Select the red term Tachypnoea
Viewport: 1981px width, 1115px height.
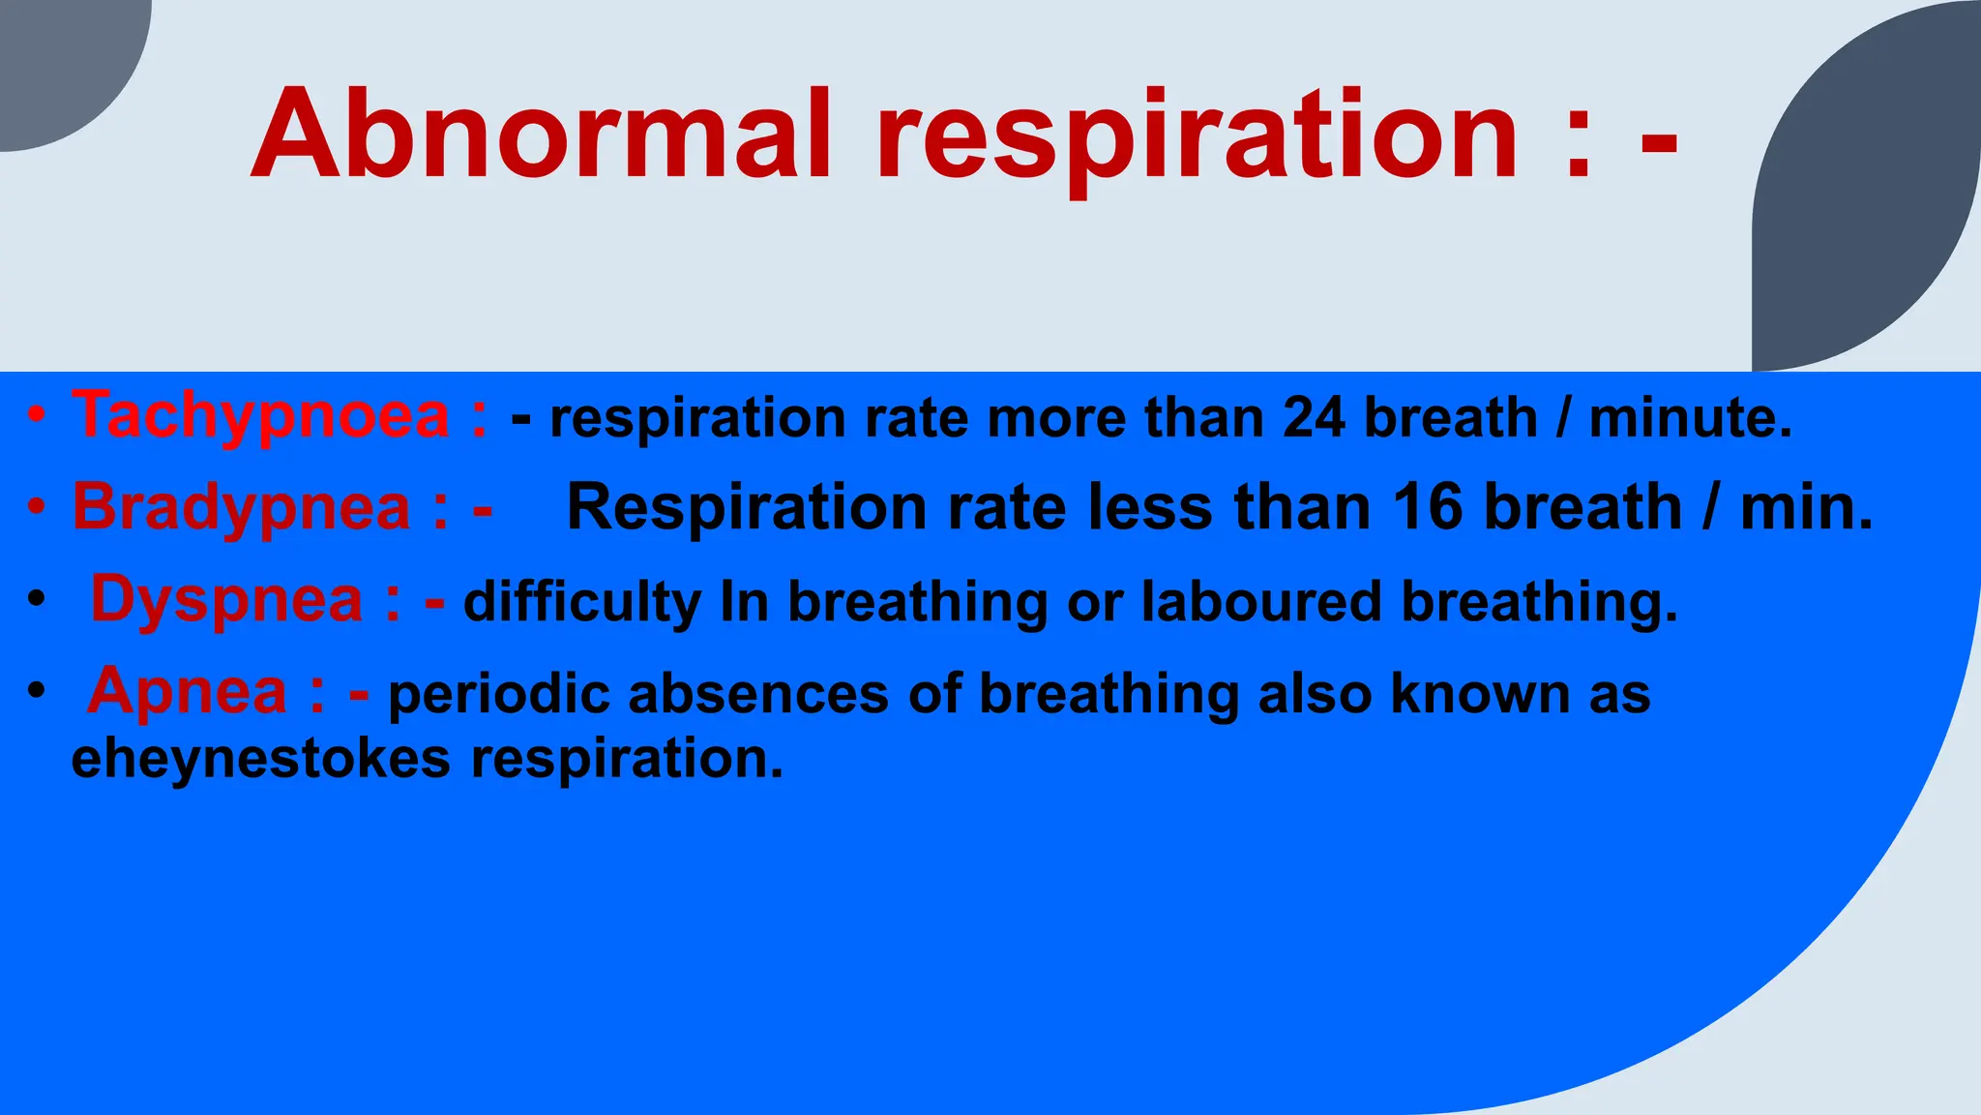(x=261, y=416)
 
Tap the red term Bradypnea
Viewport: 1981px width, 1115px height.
(x=242, y=507)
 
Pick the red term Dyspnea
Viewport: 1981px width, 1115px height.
(x=226, y=599)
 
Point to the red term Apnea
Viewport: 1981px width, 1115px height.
(x=188, y=691)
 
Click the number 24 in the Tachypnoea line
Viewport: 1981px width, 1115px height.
(x=1313, y=418)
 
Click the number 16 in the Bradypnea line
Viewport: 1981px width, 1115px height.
(x=1427, y=507)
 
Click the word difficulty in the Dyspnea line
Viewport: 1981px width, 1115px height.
(x=582, y=602)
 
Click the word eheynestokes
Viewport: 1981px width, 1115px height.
(x=261, y=758)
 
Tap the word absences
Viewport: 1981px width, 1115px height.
(x=758, y=695)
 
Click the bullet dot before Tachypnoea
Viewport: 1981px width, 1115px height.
(x=36, y=417)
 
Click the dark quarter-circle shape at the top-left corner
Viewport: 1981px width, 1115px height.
(x=58, y=58)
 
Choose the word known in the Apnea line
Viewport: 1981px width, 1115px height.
(x=1480, y=695)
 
